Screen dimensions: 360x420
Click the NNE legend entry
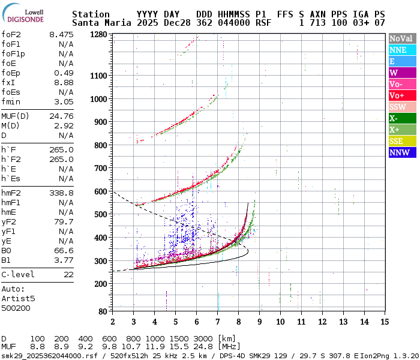[x=402, y=50]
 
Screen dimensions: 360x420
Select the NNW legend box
[x=402, y=152]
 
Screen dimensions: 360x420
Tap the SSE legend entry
[x=402, y=141]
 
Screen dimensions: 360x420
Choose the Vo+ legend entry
[x=402, y=95]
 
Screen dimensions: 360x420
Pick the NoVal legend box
[x=402, y=38]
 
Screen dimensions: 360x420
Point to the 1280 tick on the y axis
[x=99, y=35]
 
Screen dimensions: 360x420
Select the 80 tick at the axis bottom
[x=103, y=311]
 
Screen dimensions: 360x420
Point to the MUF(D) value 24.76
[x=61, y=116]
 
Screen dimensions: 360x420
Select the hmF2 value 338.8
[x=61, y=193]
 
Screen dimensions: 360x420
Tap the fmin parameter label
[x=11, y=101]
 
